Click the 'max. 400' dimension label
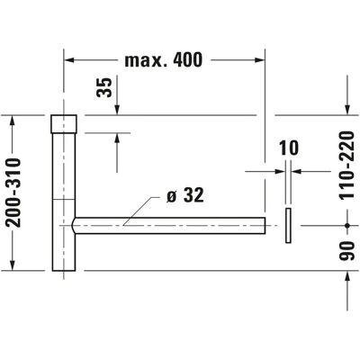164,60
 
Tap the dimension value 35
104,87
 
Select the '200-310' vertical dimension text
13,193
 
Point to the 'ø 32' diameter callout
185,195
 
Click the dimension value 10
289,148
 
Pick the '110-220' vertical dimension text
347,166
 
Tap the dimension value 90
347,250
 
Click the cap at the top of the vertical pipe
64,124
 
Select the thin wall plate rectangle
288,225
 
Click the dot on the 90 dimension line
347,225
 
